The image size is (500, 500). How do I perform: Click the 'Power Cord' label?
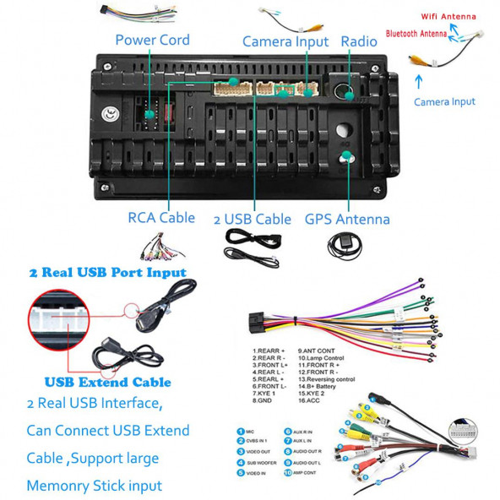[152, 41]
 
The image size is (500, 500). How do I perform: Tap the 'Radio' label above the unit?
[358, 41]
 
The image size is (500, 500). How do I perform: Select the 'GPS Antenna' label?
[347, 220]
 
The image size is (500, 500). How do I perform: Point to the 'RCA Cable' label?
[161, 218]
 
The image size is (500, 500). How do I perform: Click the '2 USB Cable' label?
[252, 220]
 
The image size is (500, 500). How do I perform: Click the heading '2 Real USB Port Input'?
[107, 273]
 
